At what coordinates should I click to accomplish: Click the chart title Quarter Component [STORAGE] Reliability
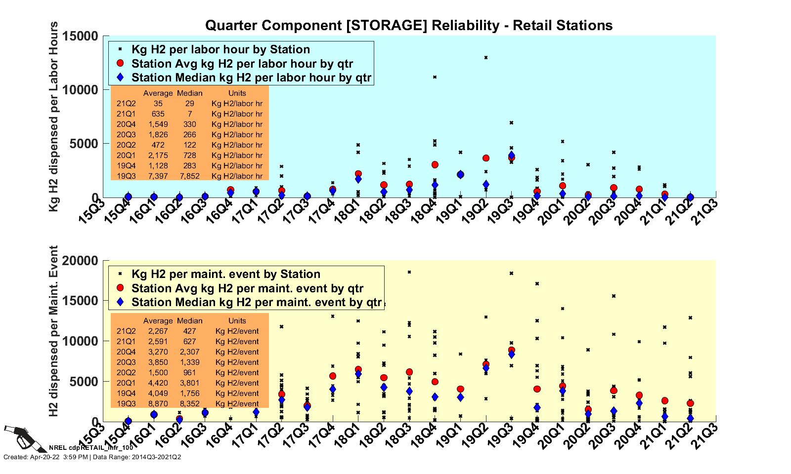click(x=408, y=25)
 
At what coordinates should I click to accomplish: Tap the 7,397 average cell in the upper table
click(x=158, y=176)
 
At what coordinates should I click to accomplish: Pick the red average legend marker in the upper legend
click(x=120, y=63)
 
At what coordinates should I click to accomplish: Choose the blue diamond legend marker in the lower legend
click(x=120, y=302)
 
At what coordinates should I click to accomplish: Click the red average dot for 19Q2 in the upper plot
click(x=486, y=158)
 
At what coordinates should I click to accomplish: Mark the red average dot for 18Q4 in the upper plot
click(x=435, y=165)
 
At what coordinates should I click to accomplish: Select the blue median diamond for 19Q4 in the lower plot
click(x=537, y=408)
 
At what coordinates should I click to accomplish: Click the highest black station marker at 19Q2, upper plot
click(x=486, y=58)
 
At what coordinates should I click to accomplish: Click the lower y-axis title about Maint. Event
click(x=54, y=331)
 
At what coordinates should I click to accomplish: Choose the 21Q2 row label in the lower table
click(x=126, y=331)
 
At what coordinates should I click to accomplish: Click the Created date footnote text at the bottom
click(x=92, y=457)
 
